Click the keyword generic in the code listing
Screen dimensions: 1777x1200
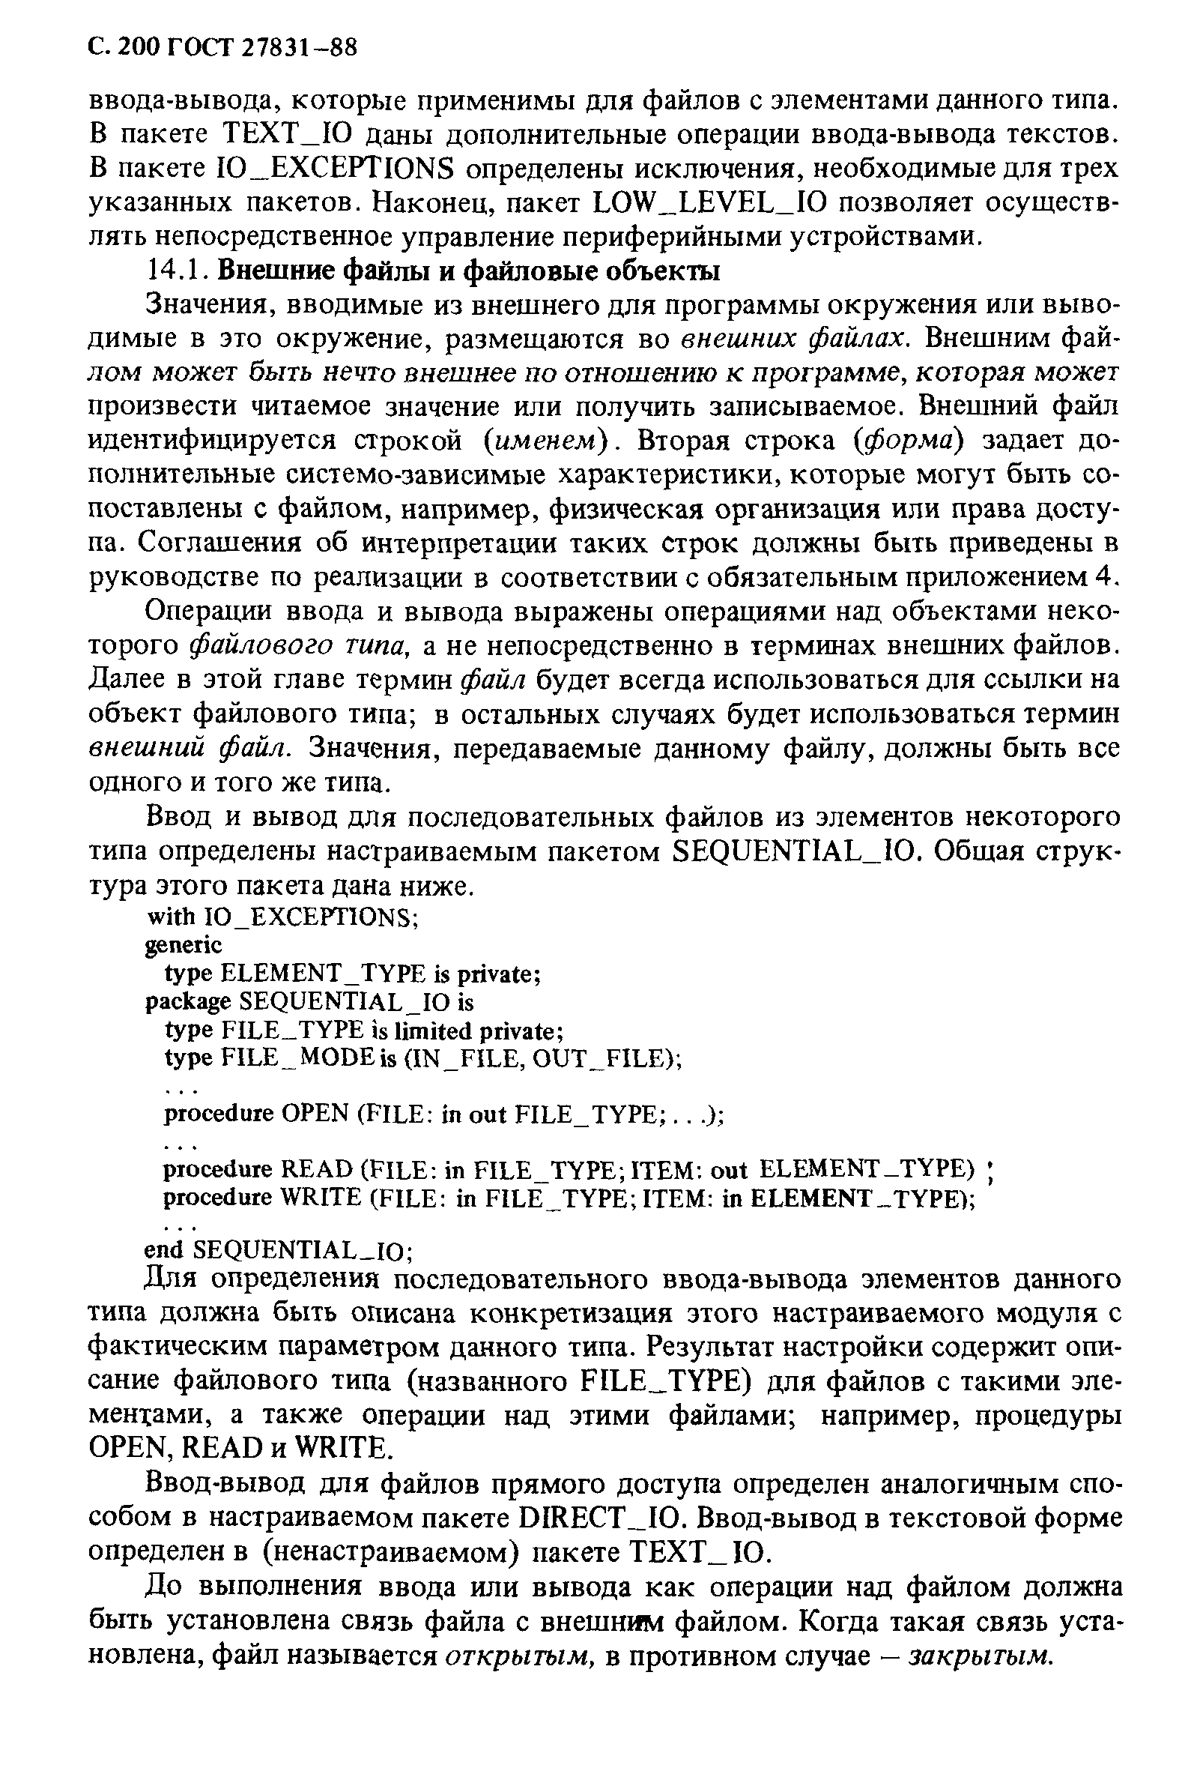coord(184,946)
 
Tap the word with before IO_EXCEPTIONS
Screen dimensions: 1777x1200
coord(170,917)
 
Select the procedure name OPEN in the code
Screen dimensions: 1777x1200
coord(314,1114)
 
